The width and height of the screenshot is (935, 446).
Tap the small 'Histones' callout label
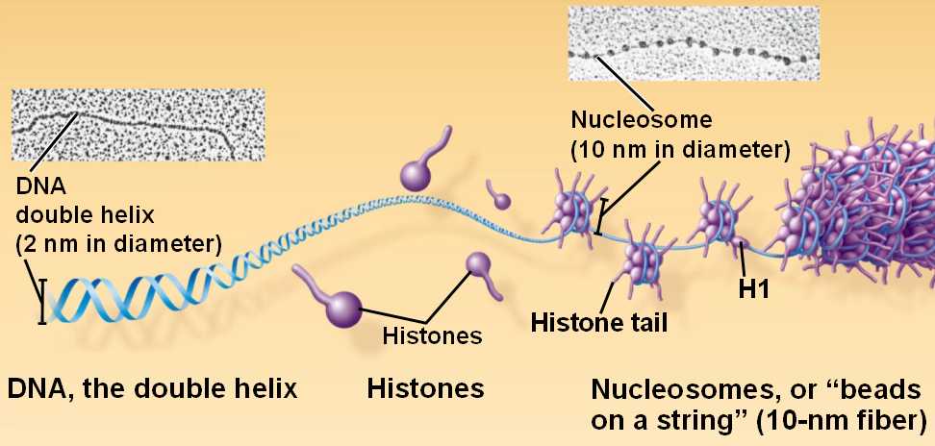pyautogui.click(x=431, y=335)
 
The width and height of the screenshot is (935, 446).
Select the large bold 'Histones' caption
pyautogui.click(x=424, y=388)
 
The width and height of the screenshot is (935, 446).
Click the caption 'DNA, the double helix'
pyautogui.click(x=153, y=388)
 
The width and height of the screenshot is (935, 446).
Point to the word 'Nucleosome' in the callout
pyautogui.click(x=641, y=120)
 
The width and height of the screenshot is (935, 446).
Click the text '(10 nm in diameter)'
pyautogui.click(x=679, y=150)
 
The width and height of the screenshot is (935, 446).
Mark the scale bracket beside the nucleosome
pyautogui.click(x=601, y=216)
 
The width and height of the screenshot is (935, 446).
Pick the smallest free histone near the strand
pyautogui.click(x=501, y=200)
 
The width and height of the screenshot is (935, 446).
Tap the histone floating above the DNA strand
pyautogui.click(x=416, y=174)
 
